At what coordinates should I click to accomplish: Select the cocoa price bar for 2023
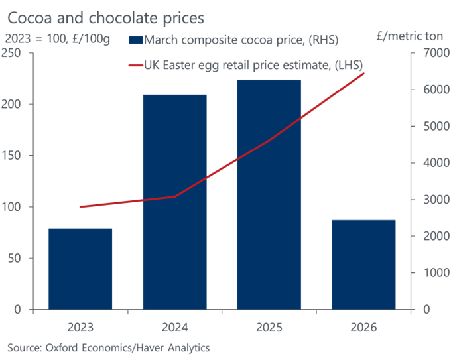click(x=80, y=269)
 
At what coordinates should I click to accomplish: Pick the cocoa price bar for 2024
click(x=175, y=202)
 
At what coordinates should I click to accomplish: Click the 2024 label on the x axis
click(x=175, y=328)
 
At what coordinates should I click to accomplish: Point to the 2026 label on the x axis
click(x=363, y=328)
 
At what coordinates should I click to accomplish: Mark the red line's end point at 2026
click(x=364, y=74)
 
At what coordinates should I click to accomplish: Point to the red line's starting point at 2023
click(x=80, y=207)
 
